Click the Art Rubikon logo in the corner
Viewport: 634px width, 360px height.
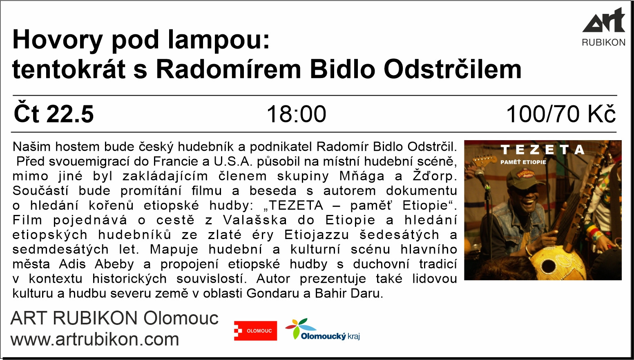pyautogui.click(x=603, y=27)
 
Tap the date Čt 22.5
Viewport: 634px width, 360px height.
pyautogui.click(x=54, y=114)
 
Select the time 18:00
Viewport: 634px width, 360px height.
pyautogui.click(x=296, y=114)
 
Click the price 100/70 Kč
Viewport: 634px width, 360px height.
pyautogui.click(x=561, y=114)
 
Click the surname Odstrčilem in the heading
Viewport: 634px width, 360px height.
pyautogui.click(x=453, y=69)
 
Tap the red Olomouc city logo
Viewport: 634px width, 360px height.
pyautogui.click(x=256, y=331)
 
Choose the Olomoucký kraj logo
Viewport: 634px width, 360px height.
pyautogui.click(x=322, y=329)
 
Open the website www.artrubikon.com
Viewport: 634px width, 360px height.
pyautogui.click(x=95, y=339)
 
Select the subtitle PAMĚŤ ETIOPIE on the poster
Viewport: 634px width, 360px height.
pyautogui.click(x=523, y=162)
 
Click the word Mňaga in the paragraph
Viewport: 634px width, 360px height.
pyautogui.click(x=362, y=176)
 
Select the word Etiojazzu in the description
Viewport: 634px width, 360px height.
pyautogui.click(x=317, y=235)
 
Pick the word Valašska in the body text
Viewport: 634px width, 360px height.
pyautogui.click(x=255, y=220)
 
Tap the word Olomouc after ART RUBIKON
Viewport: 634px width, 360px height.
pyautogui.click(x=181, y=318)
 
